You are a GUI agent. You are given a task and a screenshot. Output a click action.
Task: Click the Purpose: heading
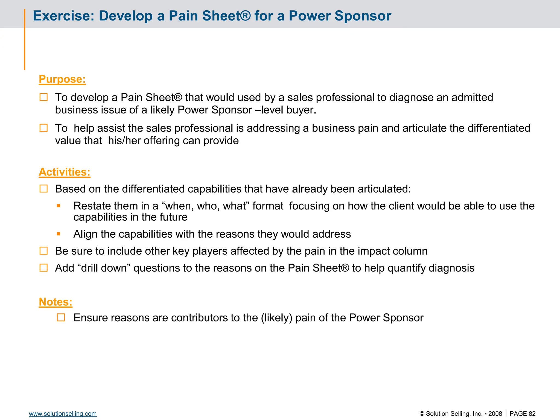[x=62, y=79]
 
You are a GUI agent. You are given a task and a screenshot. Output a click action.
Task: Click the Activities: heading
[x=65, y=172]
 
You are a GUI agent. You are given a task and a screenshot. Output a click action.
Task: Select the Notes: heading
[x=56, y=302]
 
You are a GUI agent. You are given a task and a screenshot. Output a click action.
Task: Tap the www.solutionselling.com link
[x=63, y=414]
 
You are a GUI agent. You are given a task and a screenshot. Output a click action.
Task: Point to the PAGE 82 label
[x=522, y=414]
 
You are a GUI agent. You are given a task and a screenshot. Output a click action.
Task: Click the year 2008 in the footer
[x=495, y=414]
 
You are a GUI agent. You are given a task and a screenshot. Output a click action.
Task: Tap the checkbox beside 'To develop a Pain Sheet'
[x=43, y=97]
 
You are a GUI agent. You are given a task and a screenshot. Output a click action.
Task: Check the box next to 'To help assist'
[x=43, y=128]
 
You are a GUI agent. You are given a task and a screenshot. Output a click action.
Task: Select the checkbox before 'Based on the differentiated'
[x=43, y=189]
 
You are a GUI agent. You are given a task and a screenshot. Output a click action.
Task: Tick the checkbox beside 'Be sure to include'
[x=43, y=251]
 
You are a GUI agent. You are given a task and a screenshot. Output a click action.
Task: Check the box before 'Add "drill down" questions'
[x=43, y=268]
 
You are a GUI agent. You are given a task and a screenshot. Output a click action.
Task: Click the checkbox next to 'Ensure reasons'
[x=61, y=317]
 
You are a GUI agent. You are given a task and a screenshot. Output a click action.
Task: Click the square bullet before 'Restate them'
[x=59, y=206]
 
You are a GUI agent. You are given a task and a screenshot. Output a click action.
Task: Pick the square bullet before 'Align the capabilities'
[x=59, y=234]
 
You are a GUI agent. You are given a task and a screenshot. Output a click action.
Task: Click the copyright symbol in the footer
[x=422, y=414]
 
